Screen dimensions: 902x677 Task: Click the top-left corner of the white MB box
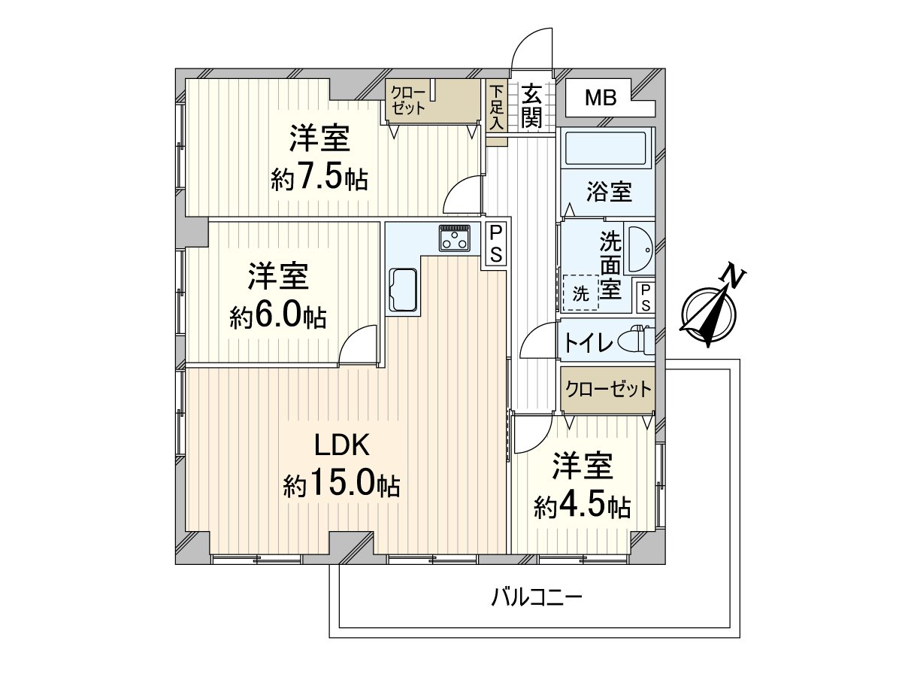[x=566, y=79]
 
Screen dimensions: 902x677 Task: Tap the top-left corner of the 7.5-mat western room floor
[x=186, y=79]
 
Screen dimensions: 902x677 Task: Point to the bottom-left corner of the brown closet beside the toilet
[x=561, y=410]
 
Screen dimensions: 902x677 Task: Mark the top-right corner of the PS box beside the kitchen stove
[x=507, y=223]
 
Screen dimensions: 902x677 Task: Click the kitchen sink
[x=404, y=290]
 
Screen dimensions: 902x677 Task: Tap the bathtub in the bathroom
[x=606, y=148]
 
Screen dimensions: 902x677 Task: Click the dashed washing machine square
[x=581, y=293]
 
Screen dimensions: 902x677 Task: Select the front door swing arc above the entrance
[x=531, y=48]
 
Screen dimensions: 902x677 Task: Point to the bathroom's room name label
[x=609, y=192]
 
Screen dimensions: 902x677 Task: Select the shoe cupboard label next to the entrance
[x=497, y=107]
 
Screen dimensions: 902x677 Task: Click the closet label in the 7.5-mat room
[x=408, y=100]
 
